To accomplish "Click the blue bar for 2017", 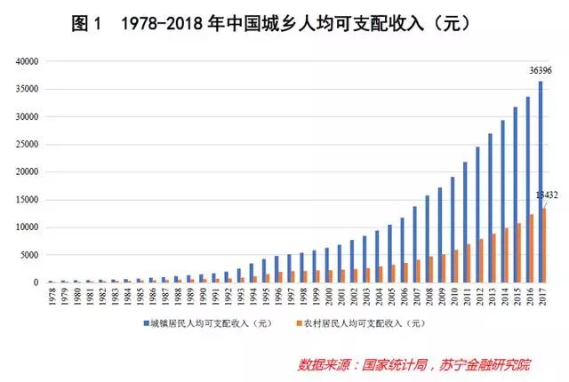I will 540,182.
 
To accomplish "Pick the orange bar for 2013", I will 494,259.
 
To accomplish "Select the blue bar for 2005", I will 389,254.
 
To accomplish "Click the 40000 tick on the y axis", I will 28,61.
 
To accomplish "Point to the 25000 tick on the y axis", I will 28,145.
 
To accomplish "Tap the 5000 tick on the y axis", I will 31,255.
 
